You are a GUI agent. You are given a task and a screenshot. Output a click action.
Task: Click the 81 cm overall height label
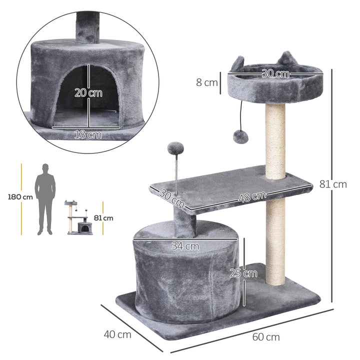[333, 184]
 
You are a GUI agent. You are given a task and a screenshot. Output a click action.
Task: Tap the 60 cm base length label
[266, 336]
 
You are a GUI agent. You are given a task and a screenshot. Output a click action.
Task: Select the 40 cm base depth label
[118, 334]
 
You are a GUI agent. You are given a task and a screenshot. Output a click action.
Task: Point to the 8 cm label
[206, 82]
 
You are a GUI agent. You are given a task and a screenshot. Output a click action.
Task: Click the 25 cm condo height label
[243, 273]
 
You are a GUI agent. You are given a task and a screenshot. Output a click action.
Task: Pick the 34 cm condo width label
[185, 246]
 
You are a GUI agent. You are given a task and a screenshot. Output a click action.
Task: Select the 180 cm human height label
[20, 196]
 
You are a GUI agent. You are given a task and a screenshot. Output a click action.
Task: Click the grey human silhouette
[45, 198]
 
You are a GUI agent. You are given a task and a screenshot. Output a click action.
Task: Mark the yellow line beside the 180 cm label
[22, 198]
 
